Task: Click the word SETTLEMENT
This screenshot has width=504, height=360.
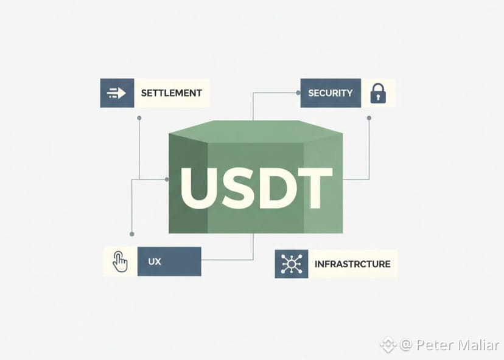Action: (171, 93)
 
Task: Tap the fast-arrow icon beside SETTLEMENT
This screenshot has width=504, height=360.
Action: (116, 93)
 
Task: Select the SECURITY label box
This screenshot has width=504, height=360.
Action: (331, 93)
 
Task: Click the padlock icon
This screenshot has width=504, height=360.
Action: (378, 93)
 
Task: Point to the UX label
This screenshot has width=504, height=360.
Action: (154, 261)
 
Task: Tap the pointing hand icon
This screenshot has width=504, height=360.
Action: (121, 261)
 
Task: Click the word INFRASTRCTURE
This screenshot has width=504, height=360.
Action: (352, 264)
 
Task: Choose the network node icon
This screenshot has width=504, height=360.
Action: (291, 264)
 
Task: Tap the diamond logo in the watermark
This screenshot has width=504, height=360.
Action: (388, 345)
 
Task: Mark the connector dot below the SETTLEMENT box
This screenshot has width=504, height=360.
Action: (139, 118)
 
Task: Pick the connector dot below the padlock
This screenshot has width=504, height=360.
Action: (369, 118)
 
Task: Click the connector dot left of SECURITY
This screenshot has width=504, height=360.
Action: (298, 93)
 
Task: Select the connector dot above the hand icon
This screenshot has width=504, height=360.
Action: (131, 234)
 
